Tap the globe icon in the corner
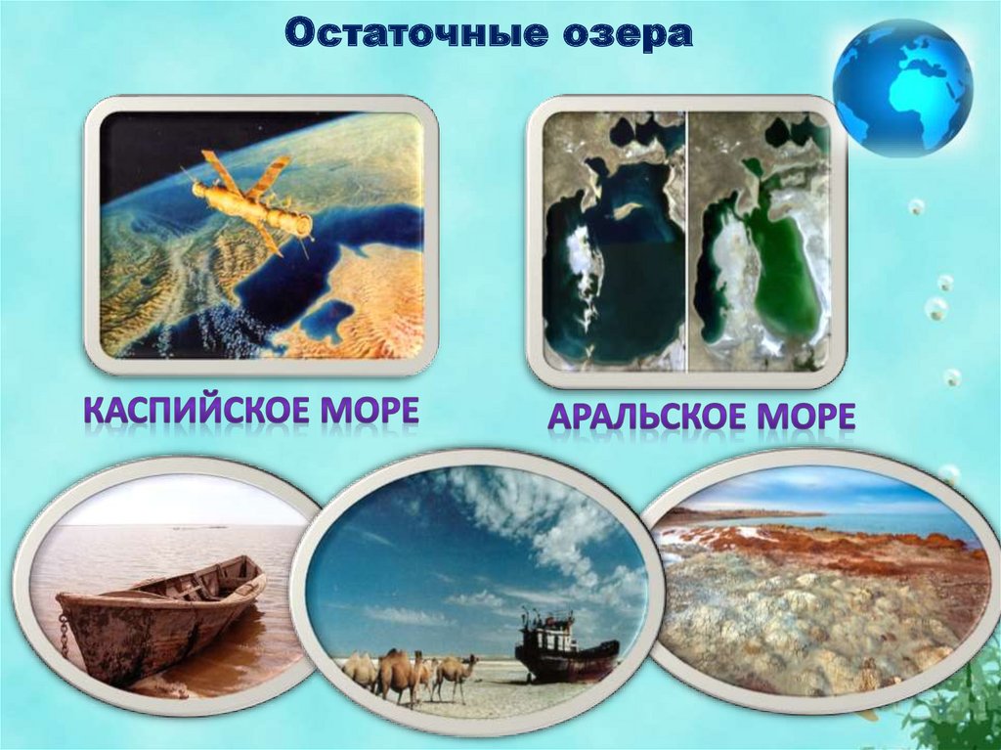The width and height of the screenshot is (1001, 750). tap(901, 88)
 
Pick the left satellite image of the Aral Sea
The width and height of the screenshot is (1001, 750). tap(614, 240)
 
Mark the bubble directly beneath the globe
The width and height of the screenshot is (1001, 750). tap(916, 206)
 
